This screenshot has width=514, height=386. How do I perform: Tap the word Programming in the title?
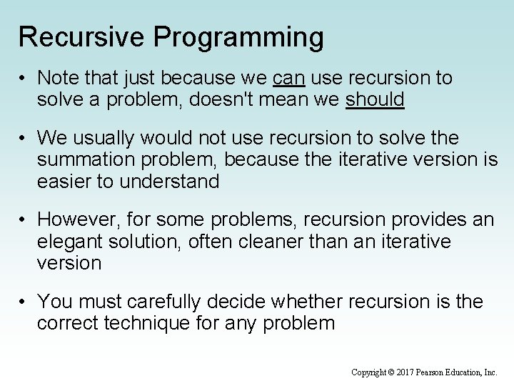[244, 37]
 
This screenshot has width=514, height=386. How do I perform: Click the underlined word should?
[375, 99]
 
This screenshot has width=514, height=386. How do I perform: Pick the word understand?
[169, 182]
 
